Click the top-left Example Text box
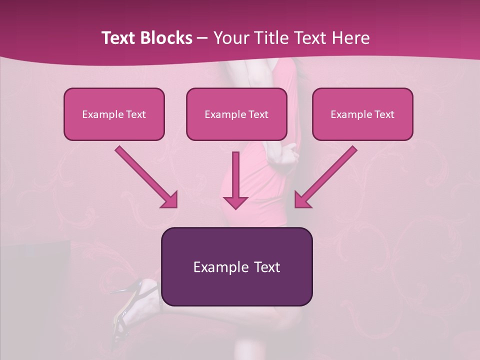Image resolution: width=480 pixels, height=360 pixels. [114, 114]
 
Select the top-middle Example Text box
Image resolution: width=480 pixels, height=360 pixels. [236, 114]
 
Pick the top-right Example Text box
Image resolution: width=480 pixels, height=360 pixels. [362, 114]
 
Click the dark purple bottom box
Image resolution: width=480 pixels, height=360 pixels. [236, 266]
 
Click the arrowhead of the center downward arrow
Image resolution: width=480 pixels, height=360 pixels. [235, 201]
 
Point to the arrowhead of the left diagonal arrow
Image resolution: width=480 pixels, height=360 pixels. [170, 200]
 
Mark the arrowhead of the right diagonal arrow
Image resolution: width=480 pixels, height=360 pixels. [301, 200]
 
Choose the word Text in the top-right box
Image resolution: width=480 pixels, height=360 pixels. [384, 114]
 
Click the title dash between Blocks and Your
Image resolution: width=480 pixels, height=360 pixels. [202, 38]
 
